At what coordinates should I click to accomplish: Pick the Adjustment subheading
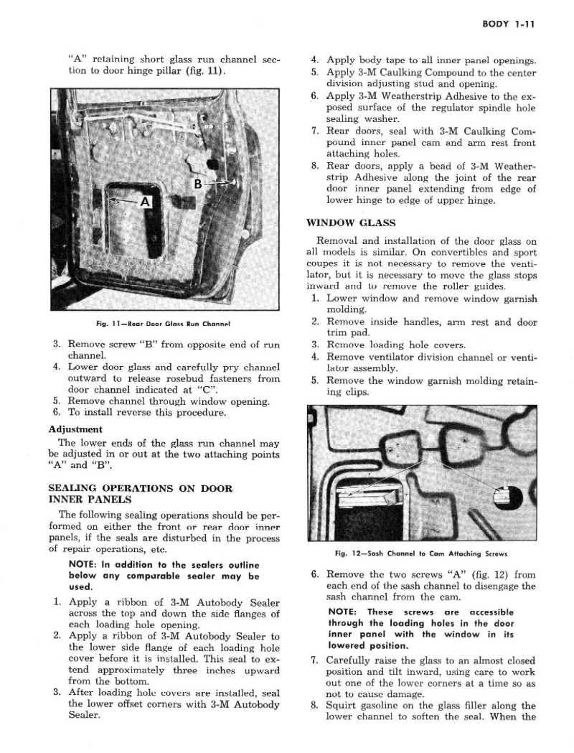point(76,429)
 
